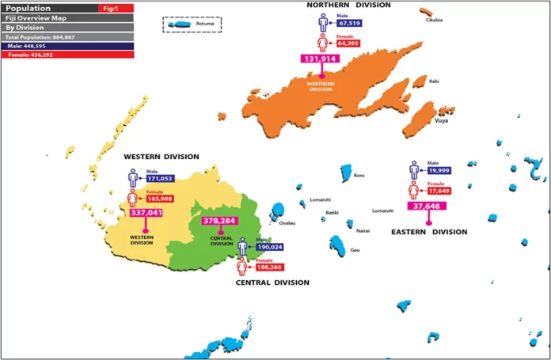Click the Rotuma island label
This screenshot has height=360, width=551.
(205, 25)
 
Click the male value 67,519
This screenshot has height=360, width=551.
(350, 24)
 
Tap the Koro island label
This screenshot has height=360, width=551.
(359, 175)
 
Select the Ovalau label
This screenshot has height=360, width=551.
(287, 223)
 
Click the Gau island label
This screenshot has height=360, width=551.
(355, 251)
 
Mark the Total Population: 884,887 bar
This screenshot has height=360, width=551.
(47, 37)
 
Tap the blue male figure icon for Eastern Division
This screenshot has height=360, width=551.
(414, 170)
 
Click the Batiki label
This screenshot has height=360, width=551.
(332, 212)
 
